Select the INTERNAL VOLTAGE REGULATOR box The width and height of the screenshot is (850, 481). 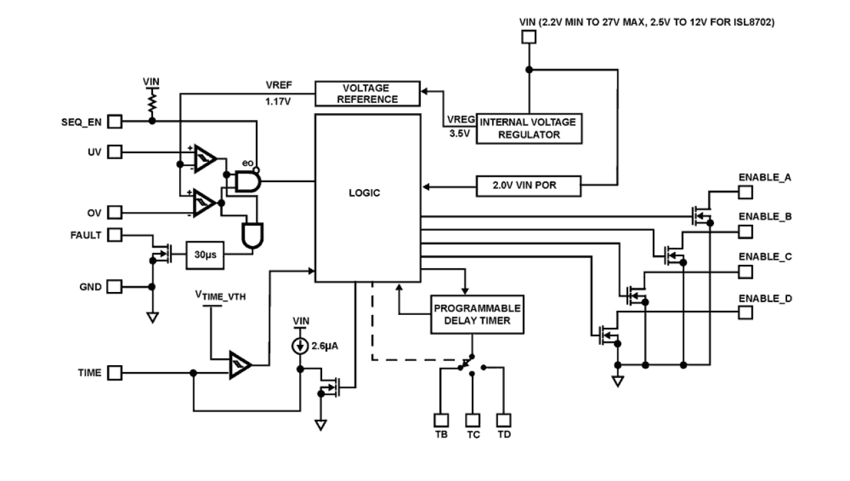529,128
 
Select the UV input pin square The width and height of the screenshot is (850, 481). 116,152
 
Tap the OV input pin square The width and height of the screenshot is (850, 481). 116,213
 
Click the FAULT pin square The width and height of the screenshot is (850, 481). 116,234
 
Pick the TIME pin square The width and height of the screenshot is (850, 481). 116,373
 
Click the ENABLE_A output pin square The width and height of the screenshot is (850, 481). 744,192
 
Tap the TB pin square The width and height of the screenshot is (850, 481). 441,419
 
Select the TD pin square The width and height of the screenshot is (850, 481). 504,419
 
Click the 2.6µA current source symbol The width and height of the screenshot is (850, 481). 299,346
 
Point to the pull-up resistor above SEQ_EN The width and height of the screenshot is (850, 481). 152,102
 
